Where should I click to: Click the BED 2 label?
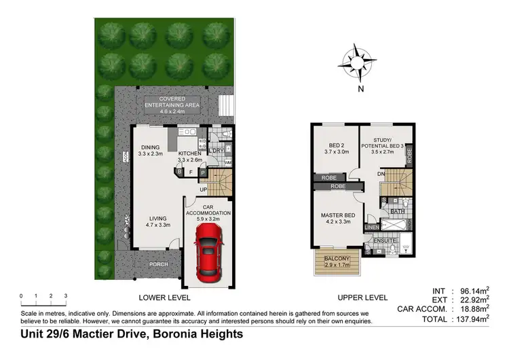331,149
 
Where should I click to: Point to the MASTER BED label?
337,218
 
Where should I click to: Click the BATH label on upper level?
397,212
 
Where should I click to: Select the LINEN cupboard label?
371,227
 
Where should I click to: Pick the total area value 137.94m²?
468,318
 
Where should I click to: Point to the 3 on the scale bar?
65,296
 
